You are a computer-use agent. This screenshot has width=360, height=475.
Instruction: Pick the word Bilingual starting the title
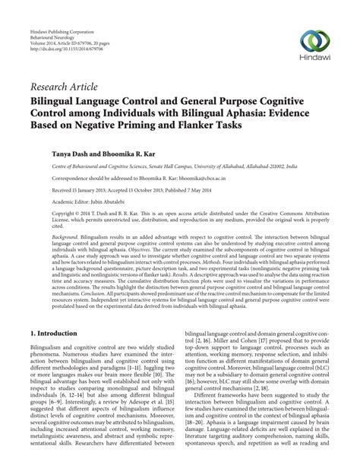60,100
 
